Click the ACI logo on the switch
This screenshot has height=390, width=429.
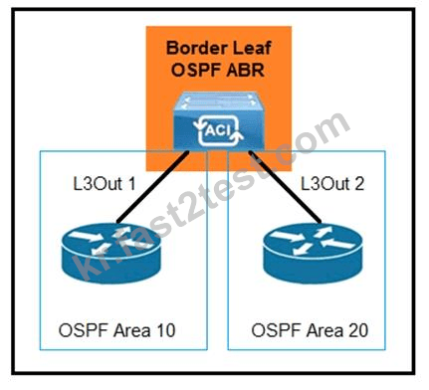pyautogui.click(x=218, y=130)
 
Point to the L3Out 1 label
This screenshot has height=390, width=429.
pyautogui.click(x=105, y=184)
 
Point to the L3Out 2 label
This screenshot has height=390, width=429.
pyautogui.click(x=332, y=184)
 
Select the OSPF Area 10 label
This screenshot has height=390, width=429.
pyautogui.click(x=116, y=330)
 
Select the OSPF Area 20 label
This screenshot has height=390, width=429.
pyautogui.click(x=310, y=330)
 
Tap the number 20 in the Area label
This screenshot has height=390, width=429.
pyautogui.click(x=357, y=330)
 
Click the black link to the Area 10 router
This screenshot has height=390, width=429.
pyautogui.click(x=153, y=187)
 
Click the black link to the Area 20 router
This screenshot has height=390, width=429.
pyautogui.click(x=285, y=187)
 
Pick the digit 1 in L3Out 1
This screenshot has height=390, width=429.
pyautogui.click(x=131, y=184)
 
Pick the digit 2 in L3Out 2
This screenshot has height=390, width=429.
pyautogui.click(x=358, y=184)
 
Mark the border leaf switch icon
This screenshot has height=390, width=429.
pyautogui.click(x=219, y=120)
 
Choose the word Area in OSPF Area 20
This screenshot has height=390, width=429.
pyautogui.click(x=324, y=330)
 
